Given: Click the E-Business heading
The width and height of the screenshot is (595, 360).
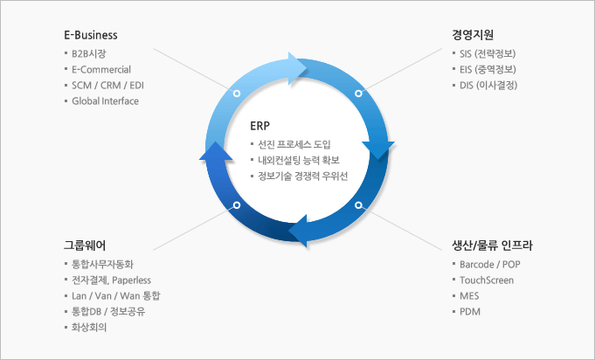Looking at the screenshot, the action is click(x=91, y=35).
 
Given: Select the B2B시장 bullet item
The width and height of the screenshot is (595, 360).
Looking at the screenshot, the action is click(x=89, y=53).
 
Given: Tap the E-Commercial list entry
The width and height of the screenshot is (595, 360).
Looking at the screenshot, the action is click(x=101, y=69).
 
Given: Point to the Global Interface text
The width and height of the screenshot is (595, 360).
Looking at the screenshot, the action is click(x=105, y=100).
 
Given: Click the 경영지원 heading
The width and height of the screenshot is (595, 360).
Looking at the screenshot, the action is click(x=473, y=35).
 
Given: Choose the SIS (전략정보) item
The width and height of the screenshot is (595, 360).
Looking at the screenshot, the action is click(x=488, y=53).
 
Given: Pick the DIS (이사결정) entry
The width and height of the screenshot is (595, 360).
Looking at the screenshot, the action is click(x=488, y=85).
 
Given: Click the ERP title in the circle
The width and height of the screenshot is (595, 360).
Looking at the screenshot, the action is click(x=260, y=126).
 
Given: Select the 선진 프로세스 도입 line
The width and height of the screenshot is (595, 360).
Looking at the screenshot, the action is click(x=294, y=144).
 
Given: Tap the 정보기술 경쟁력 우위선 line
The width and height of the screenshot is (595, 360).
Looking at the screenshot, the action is click(x=303, y=176).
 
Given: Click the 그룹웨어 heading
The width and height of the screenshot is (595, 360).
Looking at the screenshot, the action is click(x=85, y=246).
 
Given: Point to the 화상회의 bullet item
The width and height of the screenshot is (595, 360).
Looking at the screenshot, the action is click(x=89, y=327).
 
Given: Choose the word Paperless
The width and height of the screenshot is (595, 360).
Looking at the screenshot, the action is click(x=132, y=280).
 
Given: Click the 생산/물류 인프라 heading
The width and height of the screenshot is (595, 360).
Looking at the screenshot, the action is click(x=492, y=246).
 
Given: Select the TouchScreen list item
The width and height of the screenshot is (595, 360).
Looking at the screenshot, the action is click(x=487, y=280).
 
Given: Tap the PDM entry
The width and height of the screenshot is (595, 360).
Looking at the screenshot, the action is click(x=470, y=311).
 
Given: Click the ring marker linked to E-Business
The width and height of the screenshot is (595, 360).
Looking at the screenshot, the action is click(x=237, y=93).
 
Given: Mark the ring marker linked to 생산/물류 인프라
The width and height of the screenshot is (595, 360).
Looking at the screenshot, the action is click(x=358, y=205).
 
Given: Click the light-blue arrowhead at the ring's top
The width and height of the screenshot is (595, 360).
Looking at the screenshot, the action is click(x=296, y=68).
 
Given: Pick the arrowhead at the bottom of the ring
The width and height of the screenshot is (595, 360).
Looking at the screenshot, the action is click(x=298, y=231).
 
